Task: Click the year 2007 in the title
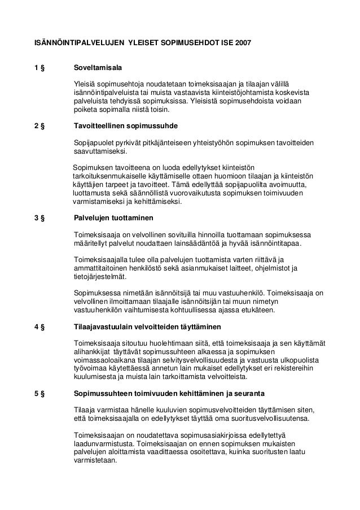243,43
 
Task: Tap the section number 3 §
39,217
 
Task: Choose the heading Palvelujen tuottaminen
113,217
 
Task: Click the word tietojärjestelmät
101,277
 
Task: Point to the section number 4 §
39,328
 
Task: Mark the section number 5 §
39,393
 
